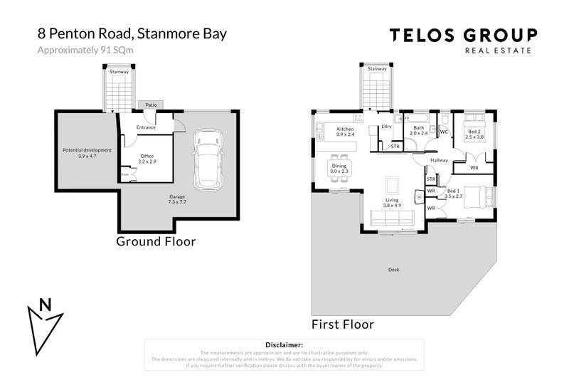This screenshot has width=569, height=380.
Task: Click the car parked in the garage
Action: (208, 156)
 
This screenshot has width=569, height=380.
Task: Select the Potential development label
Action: (87, 152)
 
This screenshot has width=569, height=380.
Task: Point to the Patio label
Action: (151, 105)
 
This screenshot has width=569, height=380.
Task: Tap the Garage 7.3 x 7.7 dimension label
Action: (176, 199)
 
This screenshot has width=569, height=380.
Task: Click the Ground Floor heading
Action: (156, 242)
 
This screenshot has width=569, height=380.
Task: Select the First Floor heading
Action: (343, 324)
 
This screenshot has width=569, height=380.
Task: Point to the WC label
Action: (443, 132)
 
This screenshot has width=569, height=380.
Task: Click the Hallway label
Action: (439, 161)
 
